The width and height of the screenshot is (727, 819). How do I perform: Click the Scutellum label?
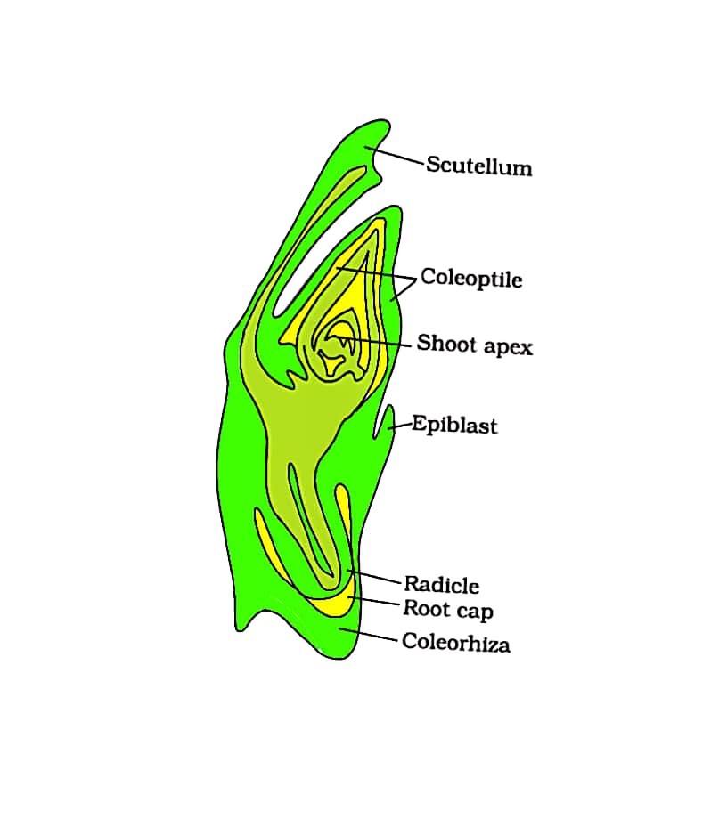pos(478,166)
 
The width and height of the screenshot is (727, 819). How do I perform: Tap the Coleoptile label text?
pos(471,278)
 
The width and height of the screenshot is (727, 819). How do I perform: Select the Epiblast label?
pos(454,425)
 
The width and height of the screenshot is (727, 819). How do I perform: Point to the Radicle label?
pos(442,585)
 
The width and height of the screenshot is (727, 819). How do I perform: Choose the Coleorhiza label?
pos(456,642)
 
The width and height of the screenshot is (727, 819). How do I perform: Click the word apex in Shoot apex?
pos(508,346)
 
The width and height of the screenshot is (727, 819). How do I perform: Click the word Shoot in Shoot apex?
pos(447,344)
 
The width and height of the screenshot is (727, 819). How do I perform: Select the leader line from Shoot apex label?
pos(379,341)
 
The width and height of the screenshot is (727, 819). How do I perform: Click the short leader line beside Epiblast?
pos(398,426)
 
